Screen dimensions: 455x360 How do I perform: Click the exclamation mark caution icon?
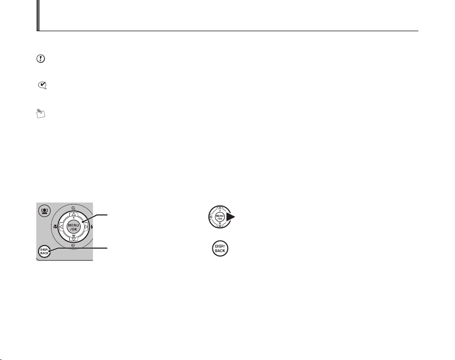(41, 58)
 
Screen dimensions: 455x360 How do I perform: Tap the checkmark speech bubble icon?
(43, 85)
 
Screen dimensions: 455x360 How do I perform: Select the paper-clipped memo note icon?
(41, 113)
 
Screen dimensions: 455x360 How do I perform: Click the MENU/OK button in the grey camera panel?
(73, 227)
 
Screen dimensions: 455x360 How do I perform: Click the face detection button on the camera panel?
(45, 211)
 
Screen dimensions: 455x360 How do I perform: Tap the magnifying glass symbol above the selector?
(73, 208)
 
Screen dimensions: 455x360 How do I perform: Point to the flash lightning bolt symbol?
(92, 226)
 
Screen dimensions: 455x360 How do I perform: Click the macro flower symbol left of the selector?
(55, 226)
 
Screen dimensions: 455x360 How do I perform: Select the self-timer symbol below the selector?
(73, 246)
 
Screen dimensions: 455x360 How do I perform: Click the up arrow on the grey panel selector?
(73, 214)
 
